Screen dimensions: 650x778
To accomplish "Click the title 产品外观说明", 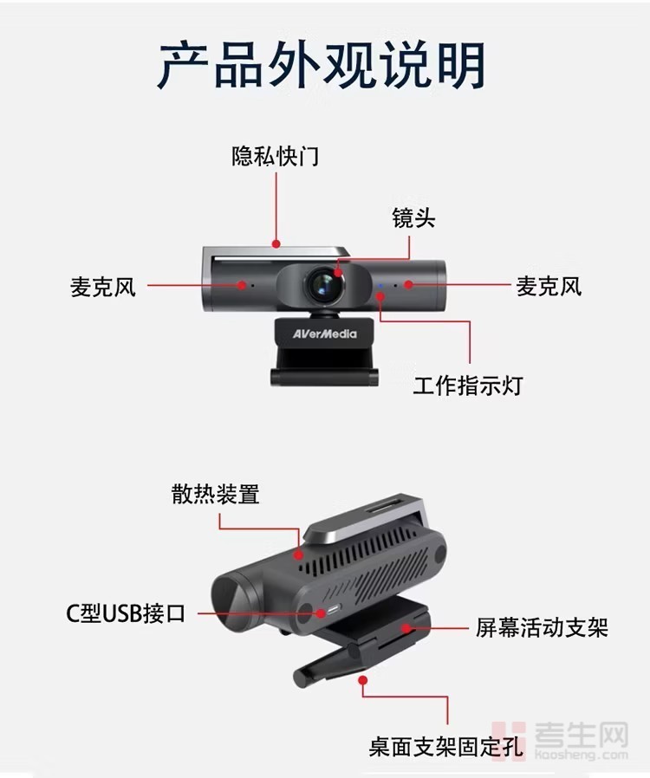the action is [x=322, y=66].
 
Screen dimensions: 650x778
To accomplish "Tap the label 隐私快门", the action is [x=276, y=156].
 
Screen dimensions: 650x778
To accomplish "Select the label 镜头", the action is [x=413, y=218].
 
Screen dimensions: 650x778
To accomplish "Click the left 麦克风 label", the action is [x=103, y=287].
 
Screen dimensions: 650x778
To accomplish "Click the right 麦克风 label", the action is [x=549, y=287].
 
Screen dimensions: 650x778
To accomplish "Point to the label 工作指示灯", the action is [x=468, y=386].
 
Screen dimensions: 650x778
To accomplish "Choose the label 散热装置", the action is [x=215, y=494].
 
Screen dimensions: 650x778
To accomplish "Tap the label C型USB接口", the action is [x=126, y=613].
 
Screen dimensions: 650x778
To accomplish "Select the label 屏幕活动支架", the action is [x=542, y=627].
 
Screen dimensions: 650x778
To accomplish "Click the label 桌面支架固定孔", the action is [x=446, y=747].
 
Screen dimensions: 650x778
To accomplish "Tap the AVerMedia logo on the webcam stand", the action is [x=324, y=334].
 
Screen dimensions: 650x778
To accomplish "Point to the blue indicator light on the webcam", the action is [x=380, y=285].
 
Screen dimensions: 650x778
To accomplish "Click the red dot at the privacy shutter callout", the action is [x=276, y=243].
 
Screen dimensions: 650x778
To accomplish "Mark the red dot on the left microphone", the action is [x=242, y=285].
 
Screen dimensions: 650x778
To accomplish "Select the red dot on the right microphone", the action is [x=408, y=284].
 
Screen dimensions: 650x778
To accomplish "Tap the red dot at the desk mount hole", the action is [x=363, y=680].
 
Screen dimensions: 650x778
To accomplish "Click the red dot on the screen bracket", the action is [x=406, y=629].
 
